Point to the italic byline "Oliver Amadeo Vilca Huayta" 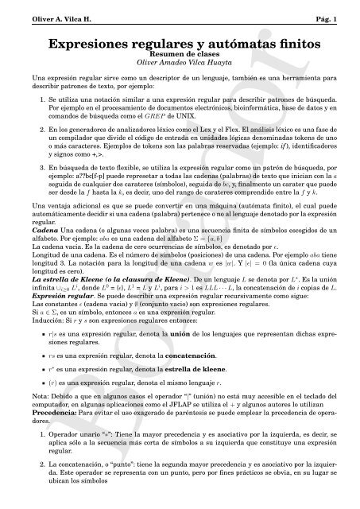point(180,61)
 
